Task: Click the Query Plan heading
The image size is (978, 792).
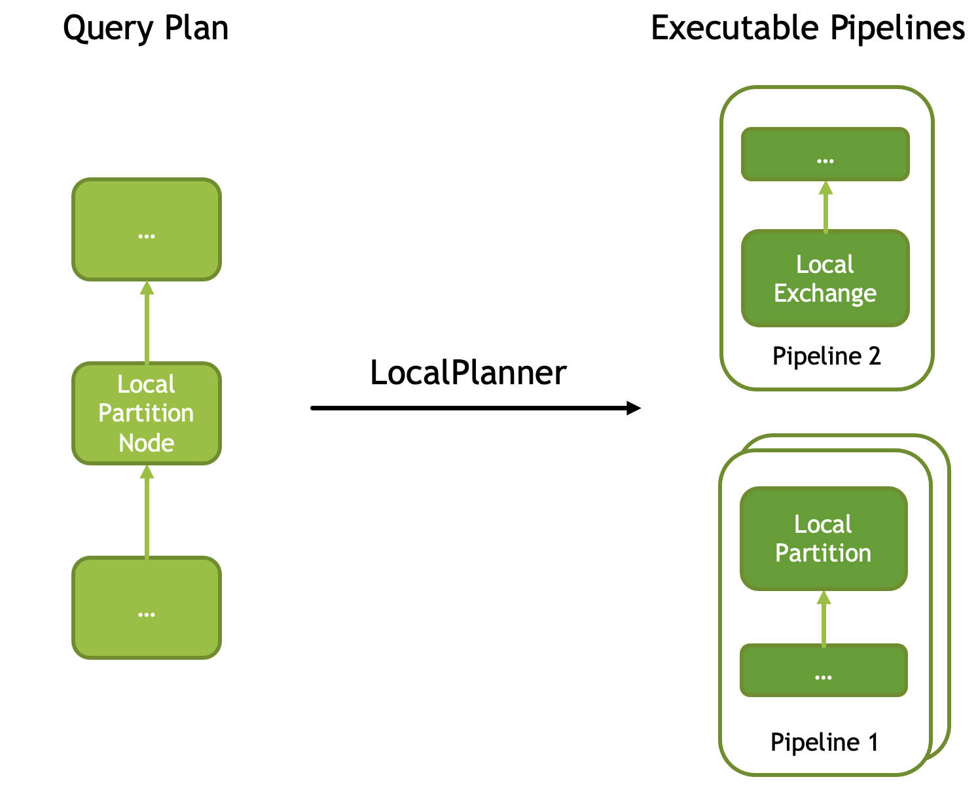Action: pyautogui.click(x=145, y=28)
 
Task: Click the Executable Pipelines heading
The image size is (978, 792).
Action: pyautogui.click(x=808, y=28)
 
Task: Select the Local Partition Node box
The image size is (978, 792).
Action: pyautogui.click(x=147, y=413)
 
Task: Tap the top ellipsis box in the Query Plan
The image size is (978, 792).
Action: pyautogui.click(x=147, y=229)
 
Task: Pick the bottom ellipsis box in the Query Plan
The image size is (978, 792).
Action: pyautogui.click(x=147, y=607)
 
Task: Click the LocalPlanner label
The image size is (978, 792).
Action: pyautogui.click(x=468, y=372)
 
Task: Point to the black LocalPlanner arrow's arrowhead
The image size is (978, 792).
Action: pyautogui.click(x=634, y=408)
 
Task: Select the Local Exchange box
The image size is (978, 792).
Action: pyautogui.click(x=825, y=278)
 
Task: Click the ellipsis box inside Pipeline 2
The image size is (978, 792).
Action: pyautogui.click(x=825, y=154)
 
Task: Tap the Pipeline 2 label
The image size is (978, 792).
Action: pyautogui.click(x=827, y=356)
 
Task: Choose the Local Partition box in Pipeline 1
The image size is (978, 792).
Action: pyautogui.click(x=824, y=539)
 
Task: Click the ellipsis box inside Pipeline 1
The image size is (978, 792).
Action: pyautogui.click(x=824, y=670)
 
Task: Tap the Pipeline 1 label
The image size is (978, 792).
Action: pyautogui.click(x=824, y=742)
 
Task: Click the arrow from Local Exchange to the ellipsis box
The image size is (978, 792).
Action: pyautogui.click(x=825, y=207)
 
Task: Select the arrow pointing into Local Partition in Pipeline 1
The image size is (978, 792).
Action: pyautogui.click(x=824, y=619)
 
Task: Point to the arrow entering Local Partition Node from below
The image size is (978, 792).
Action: pyautogui.click(x=147, y=512)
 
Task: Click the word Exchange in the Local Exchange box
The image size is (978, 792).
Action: pyautogui.click(x=825, y=293)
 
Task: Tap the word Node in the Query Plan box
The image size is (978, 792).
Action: pyautogui.click(x=147, y=443)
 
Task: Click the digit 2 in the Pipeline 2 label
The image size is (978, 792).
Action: pyautogui.click(x=874, y=356)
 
